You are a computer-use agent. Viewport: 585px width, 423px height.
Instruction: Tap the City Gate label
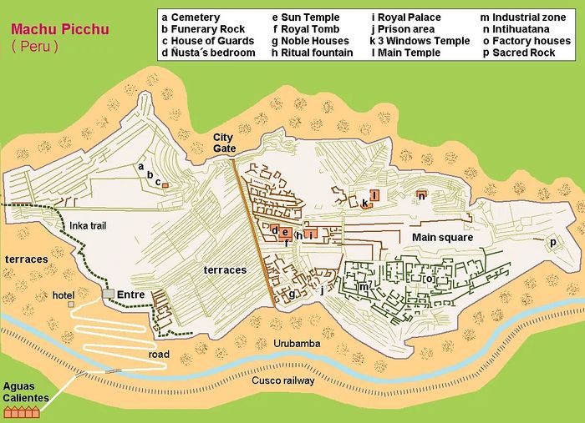(224, 143)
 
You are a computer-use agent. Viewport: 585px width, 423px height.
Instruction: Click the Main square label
(442, 238)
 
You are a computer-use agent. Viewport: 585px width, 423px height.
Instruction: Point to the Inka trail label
(91, 225)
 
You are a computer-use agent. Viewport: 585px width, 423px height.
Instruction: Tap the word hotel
(64, 295)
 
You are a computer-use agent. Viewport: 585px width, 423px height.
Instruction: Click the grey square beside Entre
(108, 295)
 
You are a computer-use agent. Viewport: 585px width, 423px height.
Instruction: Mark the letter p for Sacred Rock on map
(552, 242)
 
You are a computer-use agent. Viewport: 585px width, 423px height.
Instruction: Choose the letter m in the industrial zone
(364, 287)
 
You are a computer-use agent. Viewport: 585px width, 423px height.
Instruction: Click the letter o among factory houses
(428, 279)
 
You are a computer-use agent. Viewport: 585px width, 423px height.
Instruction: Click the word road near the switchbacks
(159, 355)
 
